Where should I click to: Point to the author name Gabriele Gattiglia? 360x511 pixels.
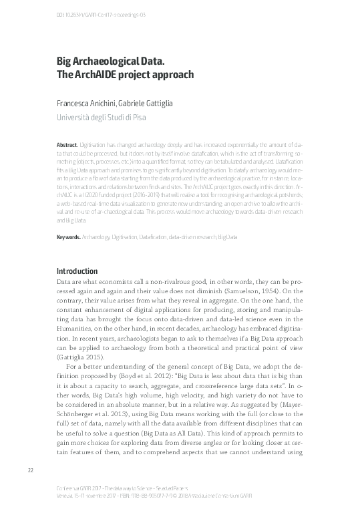point(146,104)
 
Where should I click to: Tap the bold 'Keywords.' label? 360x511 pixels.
point(68,236)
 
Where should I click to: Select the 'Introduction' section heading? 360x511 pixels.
point(77,271)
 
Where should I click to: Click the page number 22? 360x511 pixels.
point(30,471)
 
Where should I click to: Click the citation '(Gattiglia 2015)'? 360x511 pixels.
point(79,358)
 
